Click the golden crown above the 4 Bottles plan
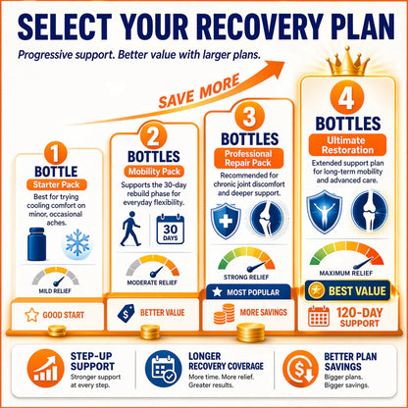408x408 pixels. [348, 61]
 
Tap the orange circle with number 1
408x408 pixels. [56, 153]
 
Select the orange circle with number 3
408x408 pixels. [249, 117]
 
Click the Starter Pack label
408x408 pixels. [57, 184]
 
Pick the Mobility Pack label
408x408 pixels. [154, 172]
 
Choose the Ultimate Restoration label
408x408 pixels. [347, 145]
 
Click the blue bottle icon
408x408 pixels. [36, 244]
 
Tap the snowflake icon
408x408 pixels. [77, 242]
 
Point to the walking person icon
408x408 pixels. [130, 229]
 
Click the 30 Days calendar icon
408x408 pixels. [170, 229]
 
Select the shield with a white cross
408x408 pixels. [226, 221]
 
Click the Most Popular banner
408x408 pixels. [248, 292]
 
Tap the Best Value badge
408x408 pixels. [348, 290]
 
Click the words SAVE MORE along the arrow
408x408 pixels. [199, 91]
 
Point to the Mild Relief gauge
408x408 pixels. [55, 277]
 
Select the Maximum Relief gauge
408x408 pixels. [346, 255]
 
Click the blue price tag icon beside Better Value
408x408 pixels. [126, 313]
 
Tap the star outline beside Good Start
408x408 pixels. [31, 315]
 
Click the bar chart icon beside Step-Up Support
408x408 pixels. [46, 369]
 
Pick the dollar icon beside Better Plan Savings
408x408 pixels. [301, 369]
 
